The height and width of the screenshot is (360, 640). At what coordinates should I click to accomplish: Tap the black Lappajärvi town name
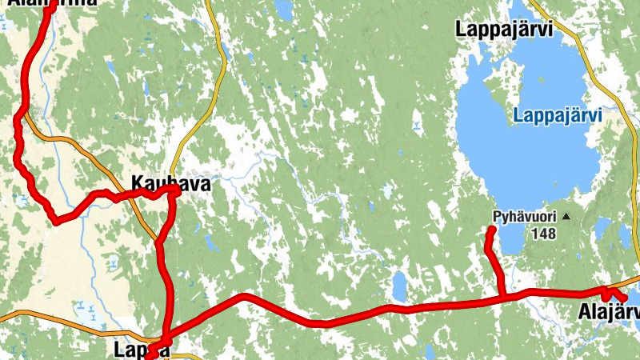pos(505,30)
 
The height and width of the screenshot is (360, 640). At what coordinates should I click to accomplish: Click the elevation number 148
pos(542,234)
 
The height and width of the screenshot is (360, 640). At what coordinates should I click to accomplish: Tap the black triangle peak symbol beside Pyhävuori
pos(566,217)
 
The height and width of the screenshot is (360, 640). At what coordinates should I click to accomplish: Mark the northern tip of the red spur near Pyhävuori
pos(492,230)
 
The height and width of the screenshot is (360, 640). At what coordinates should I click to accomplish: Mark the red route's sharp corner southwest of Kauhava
pos(55,221)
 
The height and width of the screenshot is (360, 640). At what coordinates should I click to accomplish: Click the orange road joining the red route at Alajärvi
pos(632,282)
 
